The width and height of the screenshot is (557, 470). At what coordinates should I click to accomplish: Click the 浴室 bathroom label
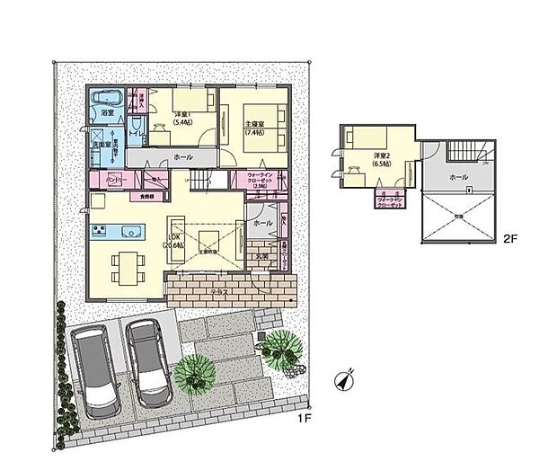pos(105,115)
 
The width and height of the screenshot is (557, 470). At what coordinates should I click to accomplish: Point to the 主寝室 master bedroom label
pos(255,127)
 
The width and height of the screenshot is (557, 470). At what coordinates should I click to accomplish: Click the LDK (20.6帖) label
pos(172,240)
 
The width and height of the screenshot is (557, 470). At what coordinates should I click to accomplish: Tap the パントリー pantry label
pos(103,182)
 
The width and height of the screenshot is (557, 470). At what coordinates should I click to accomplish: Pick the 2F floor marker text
pos(509,239)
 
